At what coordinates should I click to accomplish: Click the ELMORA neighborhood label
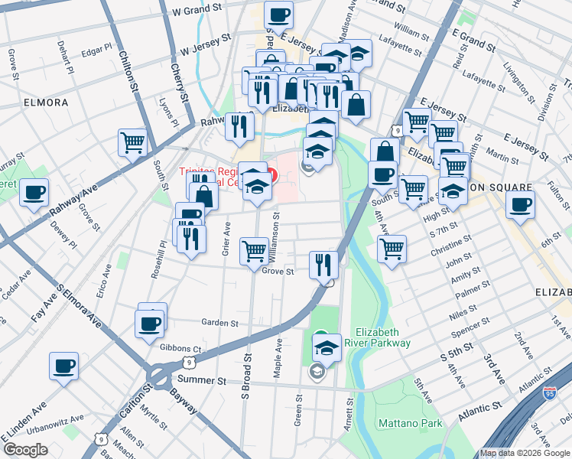point(46,102)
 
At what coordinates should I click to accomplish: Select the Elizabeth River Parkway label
point(383,337)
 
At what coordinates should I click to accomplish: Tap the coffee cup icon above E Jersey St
point(278,14)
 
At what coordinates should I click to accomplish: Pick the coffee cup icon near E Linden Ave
point(63,366)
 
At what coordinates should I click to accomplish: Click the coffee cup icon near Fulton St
point(520,205)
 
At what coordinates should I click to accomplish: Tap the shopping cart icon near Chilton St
point(132,142)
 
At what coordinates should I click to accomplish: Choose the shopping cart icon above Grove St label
point(254,250)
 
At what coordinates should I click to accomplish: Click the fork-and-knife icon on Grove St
point(323,264)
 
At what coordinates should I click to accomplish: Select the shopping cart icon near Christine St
point(392,248)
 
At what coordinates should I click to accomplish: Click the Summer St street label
point(202,379)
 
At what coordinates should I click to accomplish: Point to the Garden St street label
point(220,324)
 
